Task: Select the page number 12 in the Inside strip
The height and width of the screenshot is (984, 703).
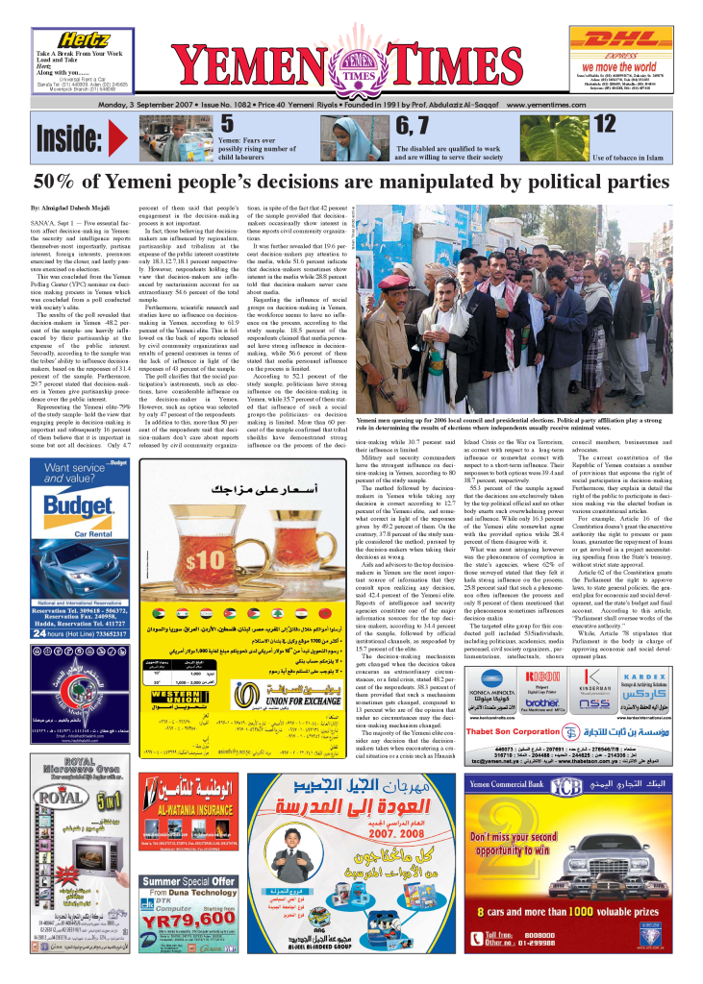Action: coord(605,124)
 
